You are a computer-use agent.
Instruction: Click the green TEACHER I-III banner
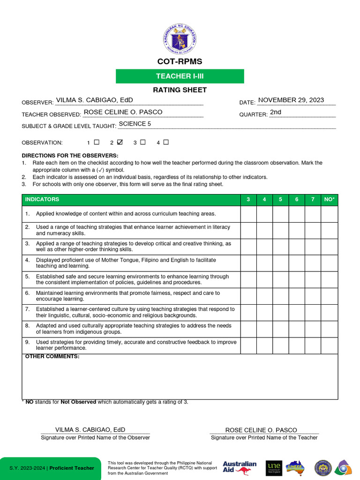coord(180,76)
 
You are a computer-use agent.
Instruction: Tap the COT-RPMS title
coord(180,62)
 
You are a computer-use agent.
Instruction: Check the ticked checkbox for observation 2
coord(120,142)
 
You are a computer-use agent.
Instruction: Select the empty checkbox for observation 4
coord(166,142)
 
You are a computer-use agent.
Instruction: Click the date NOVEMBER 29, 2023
coord(291,100)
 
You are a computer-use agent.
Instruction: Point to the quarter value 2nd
coord(276,112)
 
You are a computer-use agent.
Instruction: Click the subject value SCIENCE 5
coord(135,124)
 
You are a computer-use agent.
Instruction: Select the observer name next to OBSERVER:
coord(94,100)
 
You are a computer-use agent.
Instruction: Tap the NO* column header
coord(330,200)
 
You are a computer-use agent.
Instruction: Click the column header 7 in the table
coord(313,200)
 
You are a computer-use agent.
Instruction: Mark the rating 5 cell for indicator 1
coord(280,214)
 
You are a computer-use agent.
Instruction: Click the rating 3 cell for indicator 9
coord(248,345)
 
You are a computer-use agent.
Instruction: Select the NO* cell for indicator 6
coord(330,296)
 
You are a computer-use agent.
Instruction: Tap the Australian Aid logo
coord(240,467)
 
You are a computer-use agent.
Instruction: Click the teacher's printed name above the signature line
coord(261,430)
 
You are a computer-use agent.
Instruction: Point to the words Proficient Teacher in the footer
coord(72,468)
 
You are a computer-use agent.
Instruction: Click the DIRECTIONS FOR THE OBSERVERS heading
coord(70,156)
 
